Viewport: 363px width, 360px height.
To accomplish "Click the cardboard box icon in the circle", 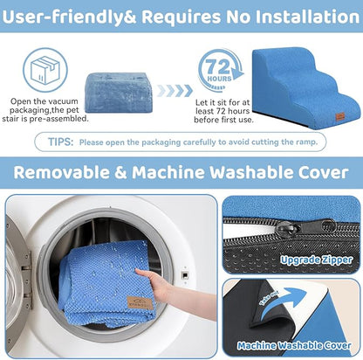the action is (45, 70).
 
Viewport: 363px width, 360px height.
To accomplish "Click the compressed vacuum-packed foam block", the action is (119, 93).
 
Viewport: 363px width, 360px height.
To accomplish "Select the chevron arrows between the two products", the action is (175, 91).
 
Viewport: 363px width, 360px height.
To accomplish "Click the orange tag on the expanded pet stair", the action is (340, 116).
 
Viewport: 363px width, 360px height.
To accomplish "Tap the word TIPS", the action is (61, 142).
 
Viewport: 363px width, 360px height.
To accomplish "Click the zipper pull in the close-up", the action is (288, 228).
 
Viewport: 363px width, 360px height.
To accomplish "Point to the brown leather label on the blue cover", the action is (140, 302).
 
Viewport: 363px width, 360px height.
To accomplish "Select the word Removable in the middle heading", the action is (62, 172).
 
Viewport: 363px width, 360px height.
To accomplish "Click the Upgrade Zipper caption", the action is (316, 260).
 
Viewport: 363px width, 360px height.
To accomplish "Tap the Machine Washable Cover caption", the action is (294, 346).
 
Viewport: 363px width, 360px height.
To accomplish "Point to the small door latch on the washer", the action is (184, 274).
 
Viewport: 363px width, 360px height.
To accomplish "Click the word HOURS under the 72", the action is (219, 79).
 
